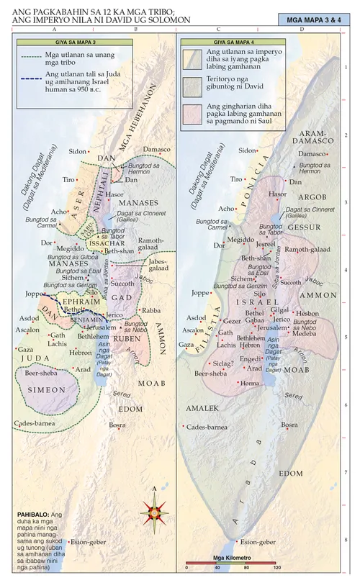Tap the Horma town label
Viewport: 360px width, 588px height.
[251, 384]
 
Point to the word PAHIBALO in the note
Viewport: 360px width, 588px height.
[32, 515]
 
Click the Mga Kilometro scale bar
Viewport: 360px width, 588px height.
[231, 560]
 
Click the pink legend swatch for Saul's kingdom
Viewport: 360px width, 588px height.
[193, 114]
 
